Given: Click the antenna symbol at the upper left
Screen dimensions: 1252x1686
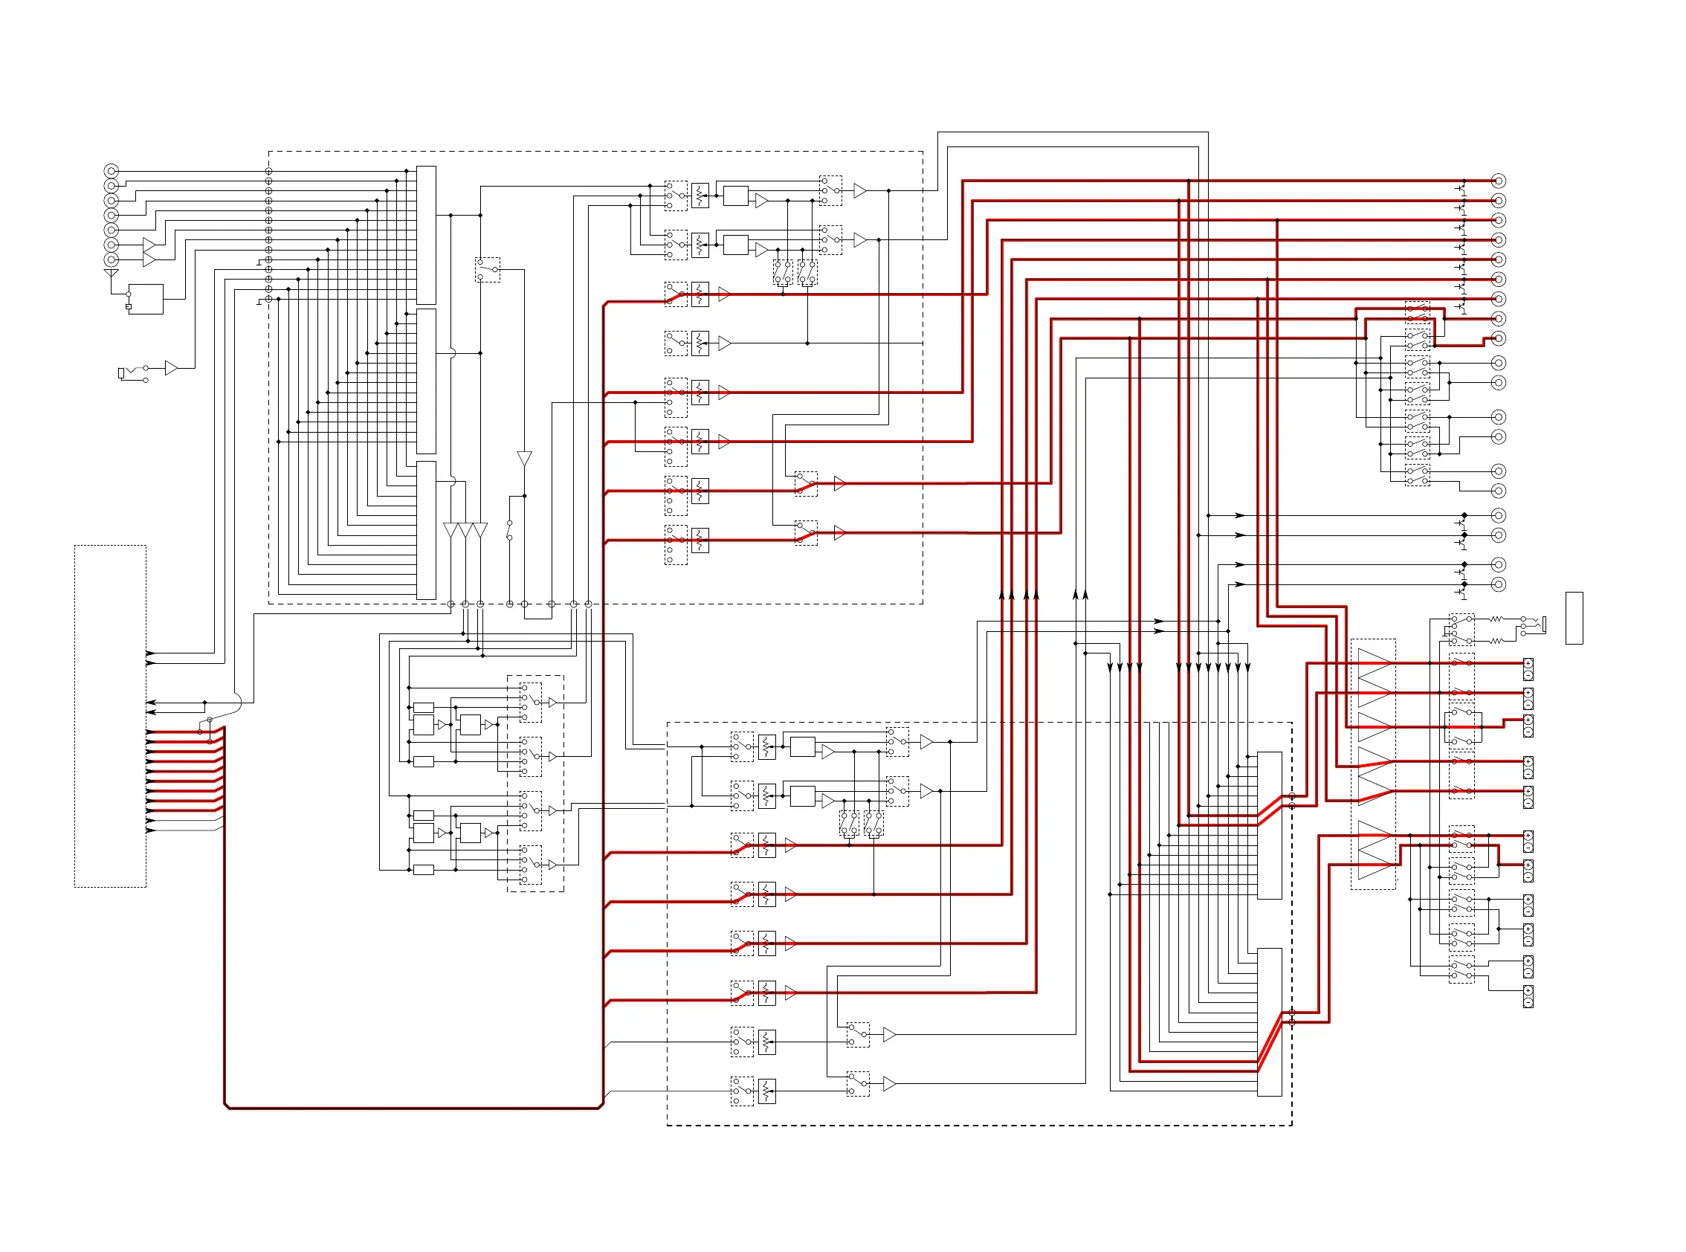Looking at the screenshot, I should [111, 273].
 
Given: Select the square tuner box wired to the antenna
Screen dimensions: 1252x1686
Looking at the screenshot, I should [146, 300].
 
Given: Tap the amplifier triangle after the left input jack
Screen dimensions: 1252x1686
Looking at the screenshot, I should [171, 368].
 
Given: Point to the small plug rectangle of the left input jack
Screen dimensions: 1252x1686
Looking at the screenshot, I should [120, 373].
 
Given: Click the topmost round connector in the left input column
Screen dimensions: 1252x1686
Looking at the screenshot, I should [111, 170].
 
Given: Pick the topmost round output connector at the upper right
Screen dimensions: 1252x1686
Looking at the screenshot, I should [1498, 181].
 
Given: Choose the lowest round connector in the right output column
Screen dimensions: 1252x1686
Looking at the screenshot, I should [1498, 584].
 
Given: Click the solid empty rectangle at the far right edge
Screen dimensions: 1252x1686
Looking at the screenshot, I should [1574, 618].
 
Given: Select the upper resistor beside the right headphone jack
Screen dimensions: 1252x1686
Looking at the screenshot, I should [1496, 619].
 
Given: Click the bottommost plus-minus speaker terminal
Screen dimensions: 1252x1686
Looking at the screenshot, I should [1528, 996].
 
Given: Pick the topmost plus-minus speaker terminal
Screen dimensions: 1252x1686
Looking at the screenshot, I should [1528, 668].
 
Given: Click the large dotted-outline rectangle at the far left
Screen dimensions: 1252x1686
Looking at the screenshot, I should [110, 715].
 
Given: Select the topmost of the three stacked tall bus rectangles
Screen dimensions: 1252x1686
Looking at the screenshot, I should [426, 235].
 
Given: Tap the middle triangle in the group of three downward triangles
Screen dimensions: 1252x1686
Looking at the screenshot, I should [465, 530].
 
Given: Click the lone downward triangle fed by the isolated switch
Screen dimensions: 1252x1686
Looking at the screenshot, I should [524, 459].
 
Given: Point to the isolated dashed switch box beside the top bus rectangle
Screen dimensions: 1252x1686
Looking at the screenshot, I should [487, 270].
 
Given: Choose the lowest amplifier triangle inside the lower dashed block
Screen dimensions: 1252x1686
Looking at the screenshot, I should [889, 1085].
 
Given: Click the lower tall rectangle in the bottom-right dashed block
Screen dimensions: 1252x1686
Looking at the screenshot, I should [1269, 1022].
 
